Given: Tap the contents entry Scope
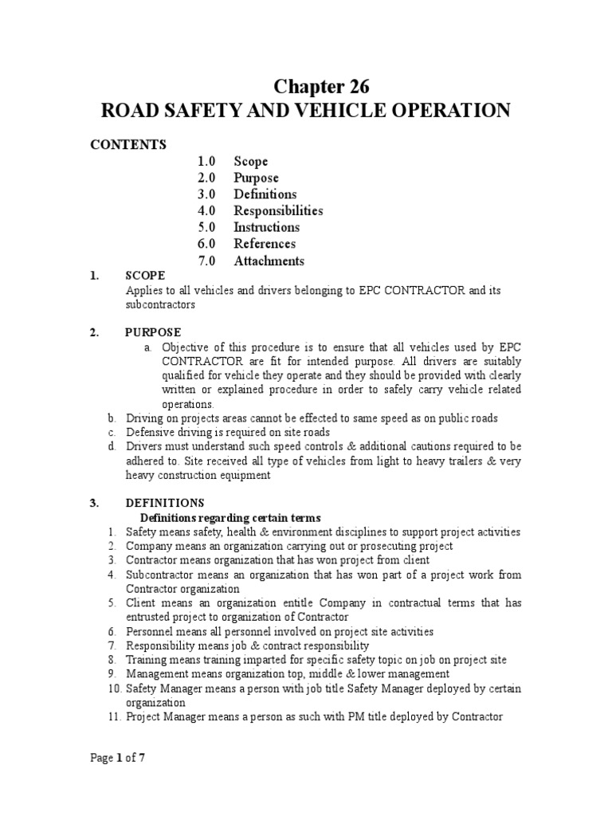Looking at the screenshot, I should (250, 162).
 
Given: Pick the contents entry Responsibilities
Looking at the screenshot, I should (278, 211).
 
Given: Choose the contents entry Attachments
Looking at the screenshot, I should (269, 261).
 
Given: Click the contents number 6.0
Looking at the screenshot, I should (207, 244).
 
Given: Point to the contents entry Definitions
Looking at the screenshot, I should (265, 194).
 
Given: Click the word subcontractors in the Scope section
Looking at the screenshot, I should (160, 304).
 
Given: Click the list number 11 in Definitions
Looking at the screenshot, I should (112, 716).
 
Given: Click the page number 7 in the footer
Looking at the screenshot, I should (142, 759).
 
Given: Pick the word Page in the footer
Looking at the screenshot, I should (100, 759).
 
